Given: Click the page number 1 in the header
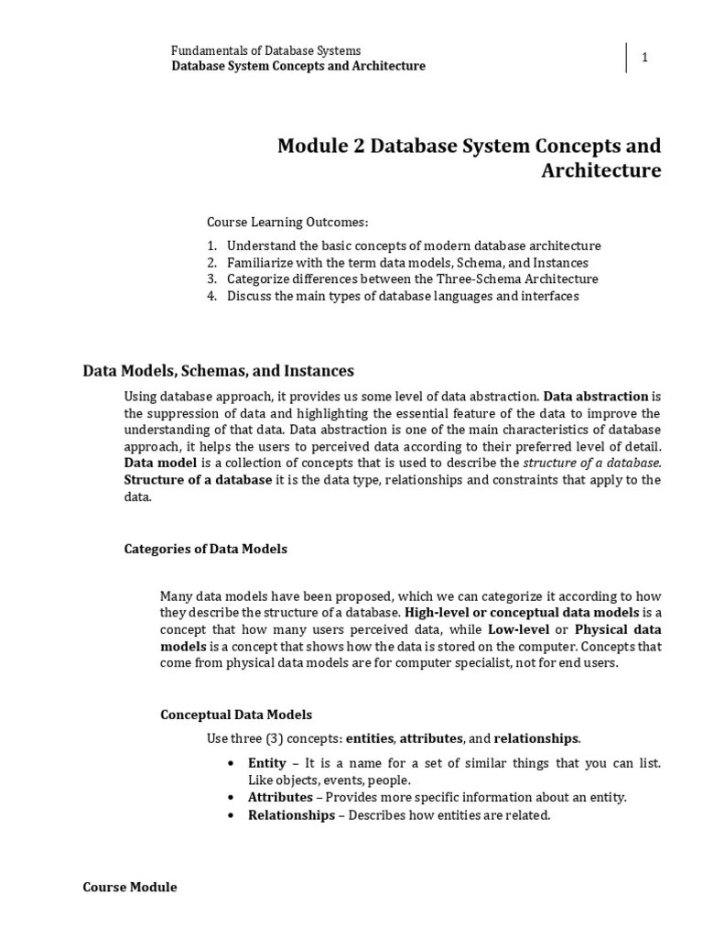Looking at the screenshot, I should click(x=644, y=58).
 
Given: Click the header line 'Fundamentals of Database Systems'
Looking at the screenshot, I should click(x=266, y=50).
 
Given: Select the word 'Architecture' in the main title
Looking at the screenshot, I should click(x=600, y=171).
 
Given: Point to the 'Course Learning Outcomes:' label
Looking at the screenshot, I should click(x=287, y=222).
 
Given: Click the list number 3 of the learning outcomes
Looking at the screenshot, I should click(x=211, y=279).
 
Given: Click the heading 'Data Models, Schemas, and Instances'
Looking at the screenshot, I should click(x=218, y=371).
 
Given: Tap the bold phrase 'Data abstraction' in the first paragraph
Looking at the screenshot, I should click(x=596, y=397).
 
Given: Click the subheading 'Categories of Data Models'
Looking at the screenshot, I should click(x=205, y=550).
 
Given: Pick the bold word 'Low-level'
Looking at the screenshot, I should click(x=519, y=629).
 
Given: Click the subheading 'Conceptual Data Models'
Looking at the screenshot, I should click(x=236, y=714).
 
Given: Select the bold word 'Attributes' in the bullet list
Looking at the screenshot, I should click(x=280, y=798).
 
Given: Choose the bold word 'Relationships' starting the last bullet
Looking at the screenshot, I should click(x=291, y=815).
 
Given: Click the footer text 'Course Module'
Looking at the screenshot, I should click(x=130, y=888).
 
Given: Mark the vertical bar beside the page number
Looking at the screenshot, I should click(x=627, y=58).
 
